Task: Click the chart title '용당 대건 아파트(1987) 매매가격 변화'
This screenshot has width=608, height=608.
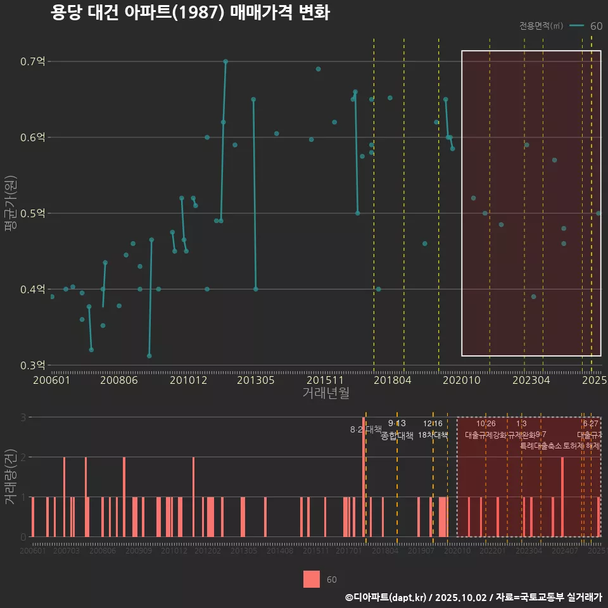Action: coord(189,13)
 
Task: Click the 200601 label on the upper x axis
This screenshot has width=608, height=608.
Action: coord(51,381)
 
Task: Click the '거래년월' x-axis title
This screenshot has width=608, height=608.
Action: coord(326,393)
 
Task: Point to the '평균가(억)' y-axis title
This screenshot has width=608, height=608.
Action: coord(10,213)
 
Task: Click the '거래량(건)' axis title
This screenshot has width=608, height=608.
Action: coord(10,477)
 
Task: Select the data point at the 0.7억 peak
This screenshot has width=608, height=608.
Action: coord(225,61)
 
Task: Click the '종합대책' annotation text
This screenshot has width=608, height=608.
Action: coord(397,436)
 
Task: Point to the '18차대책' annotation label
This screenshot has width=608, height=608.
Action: coord(433,435)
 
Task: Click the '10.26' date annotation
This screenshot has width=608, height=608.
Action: coord(486,424)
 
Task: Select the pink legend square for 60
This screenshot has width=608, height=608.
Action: coord(312,579)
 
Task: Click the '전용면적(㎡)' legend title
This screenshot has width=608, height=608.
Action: coord(541,26)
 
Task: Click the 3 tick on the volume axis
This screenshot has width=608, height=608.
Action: coord(23,417)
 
